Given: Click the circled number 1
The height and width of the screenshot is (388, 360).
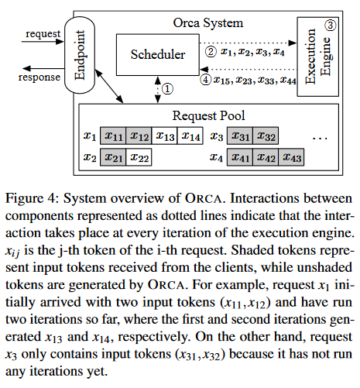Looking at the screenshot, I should coord(168,89).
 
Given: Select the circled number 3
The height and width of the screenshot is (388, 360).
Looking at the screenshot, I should coord(329,25).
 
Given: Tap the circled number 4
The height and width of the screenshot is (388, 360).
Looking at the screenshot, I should coord(205,78).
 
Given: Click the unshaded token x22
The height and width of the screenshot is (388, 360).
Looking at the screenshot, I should coord(140,157).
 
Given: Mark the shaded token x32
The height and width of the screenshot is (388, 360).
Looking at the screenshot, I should coord(268,136).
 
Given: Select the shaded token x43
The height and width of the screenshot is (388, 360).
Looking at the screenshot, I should coord(291,157).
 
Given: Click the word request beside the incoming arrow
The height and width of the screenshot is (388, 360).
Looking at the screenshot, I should coord(44,33).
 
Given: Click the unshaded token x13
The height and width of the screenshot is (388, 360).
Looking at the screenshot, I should coord(164,136).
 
